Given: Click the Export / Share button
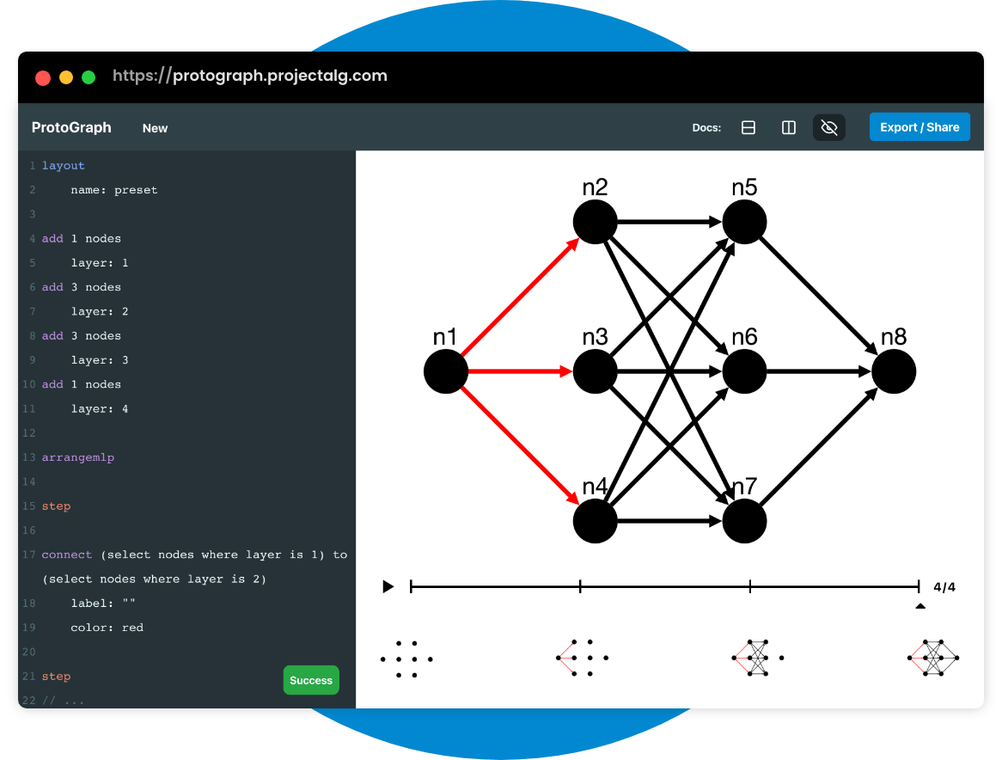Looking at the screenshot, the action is [x=920, y=127].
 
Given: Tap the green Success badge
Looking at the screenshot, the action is [x=311, y=680].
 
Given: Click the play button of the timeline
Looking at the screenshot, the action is [x=388, y=586].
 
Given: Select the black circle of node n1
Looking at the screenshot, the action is [x=446, y=372].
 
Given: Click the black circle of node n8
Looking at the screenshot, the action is [x=894, y=372].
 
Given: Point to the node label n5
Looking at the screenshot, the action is [x=744, y=187].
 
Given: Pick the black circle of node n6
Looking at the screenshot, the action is [x=744, y=372].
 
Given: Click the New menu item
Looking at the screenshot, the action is [x=155, y=128].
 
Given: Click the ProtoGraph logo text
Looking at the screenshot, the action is [x=71, y=127].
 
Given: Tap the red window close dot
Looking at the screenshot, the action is [x=43, y=77].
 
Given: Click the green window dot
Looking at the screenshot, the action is [x=89, y=77].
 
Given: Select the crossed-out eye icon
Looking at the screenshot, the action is [x=829, y=127].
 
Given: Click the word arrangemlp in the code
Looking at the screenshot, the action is [x=78, y=457].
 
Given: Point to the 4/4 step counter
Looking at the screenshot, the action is [x=944, y=587].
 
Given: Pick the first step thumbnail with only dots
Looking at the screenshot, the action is [x=406, y=659].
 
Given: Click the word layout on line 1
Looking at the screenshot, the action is [x=64, y=165].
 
